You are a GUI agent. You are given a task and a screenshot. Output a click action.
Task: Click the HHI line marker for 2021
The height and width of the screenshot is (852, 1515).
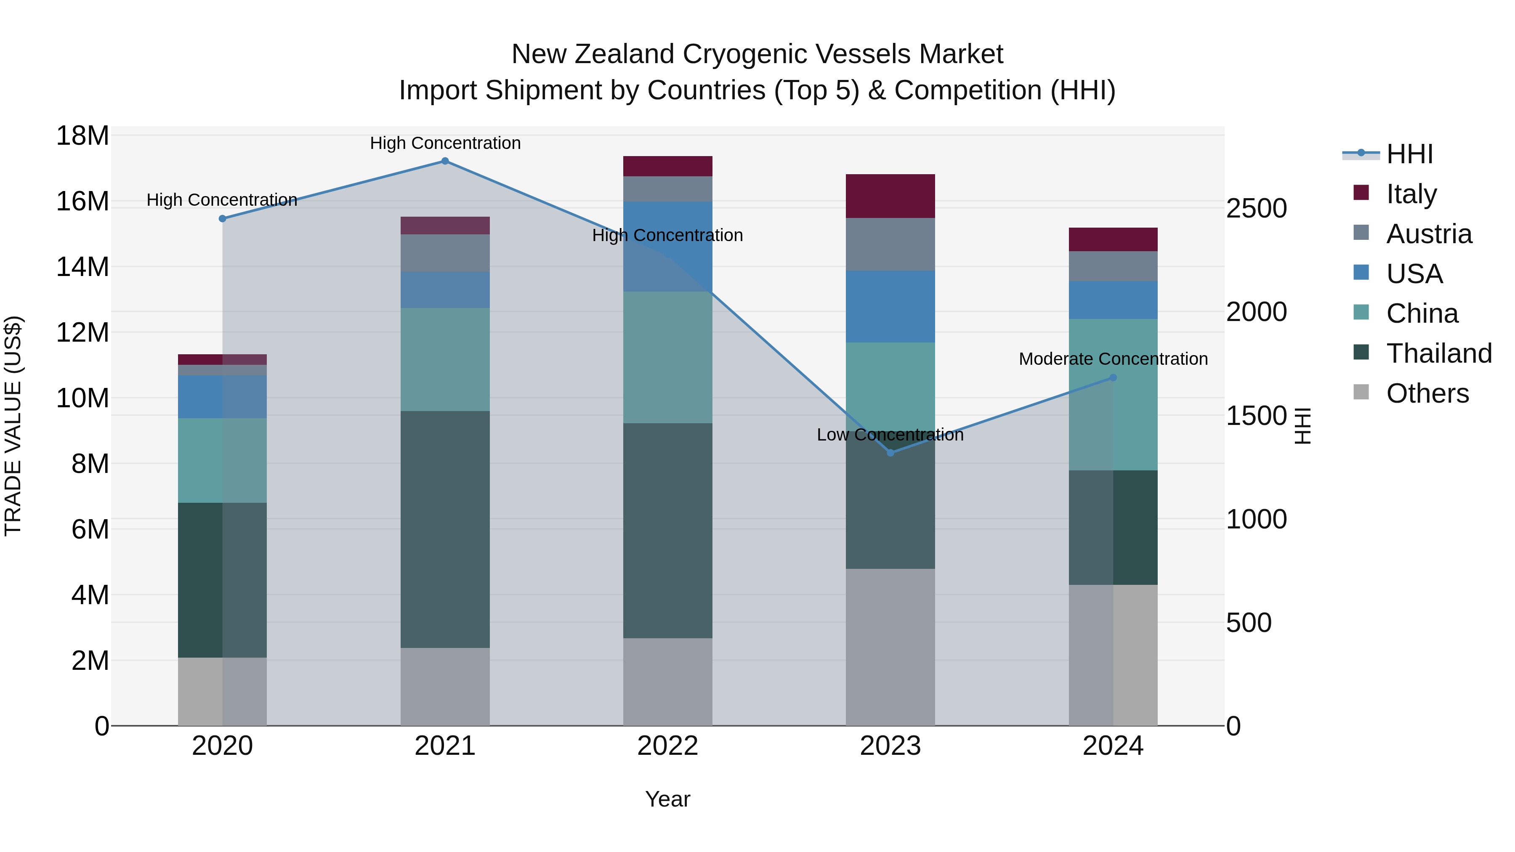click(x=445, y=161)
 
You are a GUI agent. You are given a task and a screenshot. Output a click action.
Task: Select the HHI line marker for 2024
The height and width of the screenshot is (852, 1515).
click(x=1113, y=378)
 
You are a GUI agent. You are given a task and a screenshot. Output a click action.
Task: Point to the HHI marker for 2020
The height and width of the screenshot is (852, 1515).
click(x=222, y=219)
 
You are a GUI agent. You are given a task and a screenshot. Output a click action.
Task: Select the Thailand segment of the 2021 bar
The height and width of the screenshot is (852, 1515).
click(x=445, y=529)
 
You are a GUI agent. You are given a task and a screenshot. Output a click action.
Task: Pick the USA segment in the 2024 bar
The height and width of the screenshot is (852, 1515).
click(x=1113, y=300)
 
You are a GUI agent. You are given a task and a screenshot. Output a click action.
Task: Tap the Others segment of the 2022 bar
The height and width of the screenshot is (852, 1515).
click(x=667, y=682)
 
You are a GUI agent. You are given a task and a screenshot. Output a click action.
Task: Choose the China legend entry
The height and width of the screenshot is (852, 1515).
click(x=1422, y=313)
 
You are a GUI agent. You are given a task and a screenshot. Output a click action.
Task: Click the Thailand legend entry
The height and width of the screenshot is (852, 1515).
click(x=1438, y=353)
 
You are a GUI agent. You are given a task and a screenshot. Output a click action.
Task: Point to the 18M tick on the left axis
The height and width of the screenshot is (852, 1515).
click(x=82, y=136)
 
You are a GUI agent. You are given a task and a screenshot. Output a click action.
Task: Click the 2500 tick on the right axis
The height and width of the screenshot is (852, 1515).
click(x=1257, y=208)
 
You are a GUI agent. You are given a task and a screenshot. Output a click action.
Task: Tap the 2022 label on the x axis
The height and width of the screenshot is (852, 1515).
click(x=667, y=746)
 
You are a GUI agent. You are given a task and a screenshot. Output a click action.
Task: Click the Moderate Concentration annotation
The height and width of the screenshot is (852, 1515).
click(x=1113, y=358)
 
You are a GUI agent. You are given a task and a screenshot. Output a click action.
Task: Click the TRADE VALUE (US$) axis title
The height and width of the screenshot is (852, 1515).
click(x=13, y=426)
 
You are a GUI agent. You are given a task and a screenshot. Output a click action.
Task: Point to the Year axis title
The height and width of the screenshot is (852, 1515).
click(x=667, y=799)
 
